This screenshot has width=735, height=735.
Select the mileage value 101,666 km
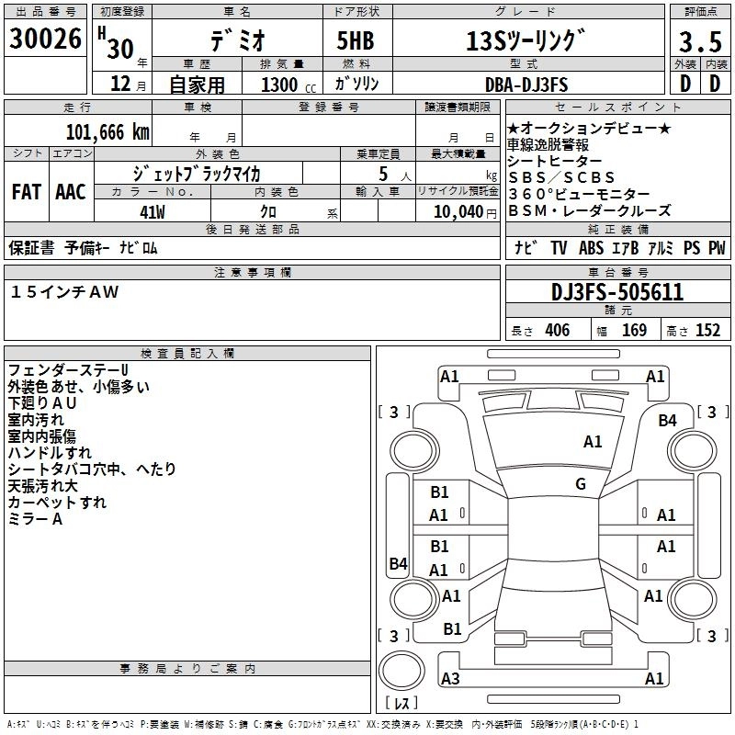107,130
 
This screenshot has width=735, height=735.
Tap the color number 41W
152,210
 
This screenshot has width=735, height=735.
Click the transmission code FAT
27,191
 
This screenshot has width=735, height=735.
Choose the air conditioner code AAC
71,191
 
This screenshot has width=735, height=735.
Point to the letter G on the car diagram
581,484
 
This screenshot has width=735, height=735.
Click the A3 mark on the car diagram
450,678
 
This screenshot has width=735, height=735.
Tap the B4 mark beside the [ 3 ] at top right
668,420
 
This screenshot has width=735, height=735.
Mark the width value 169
634,331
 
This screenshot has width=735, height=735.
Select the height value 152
707,331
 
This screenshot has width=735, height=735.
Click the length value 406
557,331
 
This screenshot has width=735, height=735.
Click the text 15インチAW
65,291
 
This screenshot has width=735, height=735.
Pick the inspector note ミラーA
35,519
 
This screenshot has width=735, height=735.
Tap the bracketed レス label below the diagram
401,703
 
